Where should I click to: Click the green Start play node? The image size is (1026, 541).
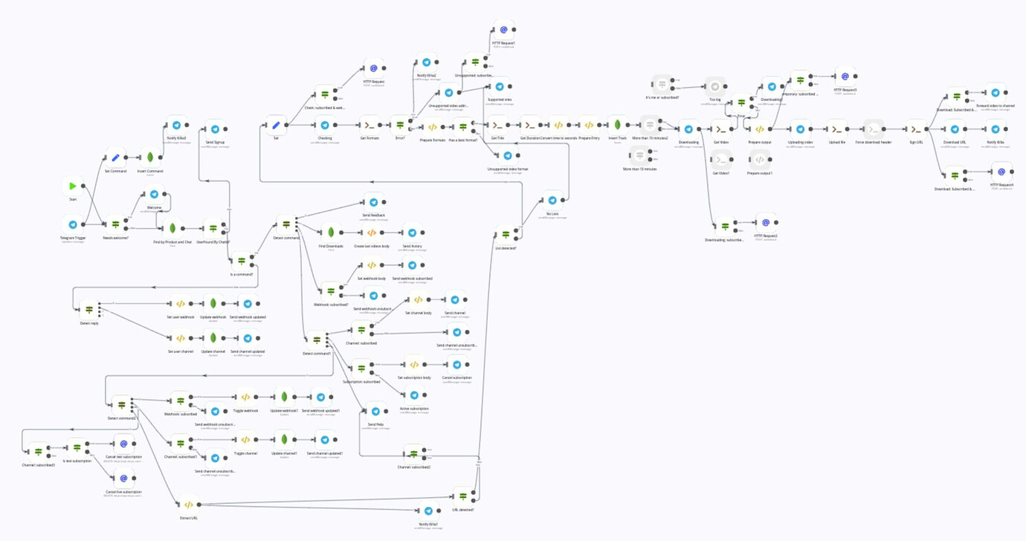click(x=73, y=186)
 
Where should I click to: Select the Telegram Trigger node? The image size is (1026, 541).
click(x=73, y=224)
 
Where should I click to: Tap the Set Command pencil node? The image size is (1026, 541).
click(x=115, y=158)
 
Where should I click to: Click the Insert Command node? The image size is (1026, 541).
click(x=150, y=158)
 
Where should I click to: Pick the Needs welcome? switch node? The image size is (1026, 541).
click(x=115, y=224)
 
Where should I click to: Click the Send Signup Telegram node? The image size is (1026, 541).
click(x=214, y=129)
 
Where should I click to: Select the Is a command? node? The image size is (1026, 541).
click(x=242, y=261)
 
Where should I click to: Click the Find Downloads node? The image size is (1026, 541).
click(x=331, y=232)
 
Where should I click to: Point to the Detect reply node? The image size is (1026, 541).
click(x=89, y=309)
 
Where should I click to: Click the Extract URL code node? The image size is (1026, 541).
click(x=188, y=505)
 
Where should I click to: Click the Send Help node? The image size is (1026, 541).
click(x=375, y=411)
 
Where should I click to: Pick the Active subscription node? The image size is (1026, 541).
click(x=414, y=395)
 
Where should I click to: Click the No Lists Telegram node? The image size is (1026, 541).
click(x=551, y=201)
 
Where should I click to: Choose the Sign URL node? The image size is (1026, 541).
click(x=917, y=129)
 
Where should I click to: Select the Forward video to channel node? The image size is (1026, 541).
click(x=996, y=93)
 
